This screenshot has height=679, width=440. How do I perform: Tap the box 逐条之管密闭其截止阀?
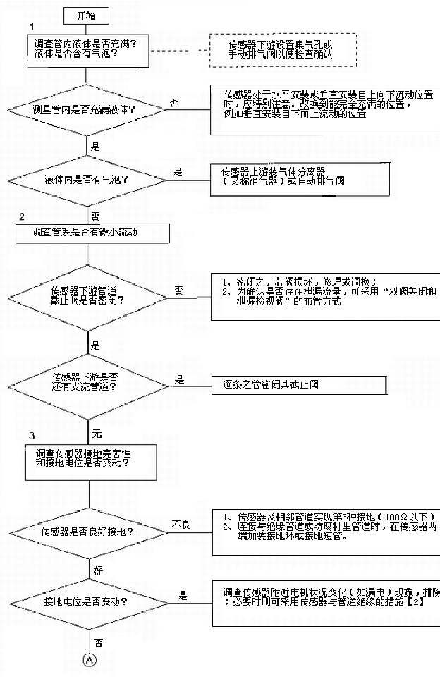(300, 385)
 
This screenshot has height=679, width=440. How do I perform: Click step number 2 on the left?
(22, 216)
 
